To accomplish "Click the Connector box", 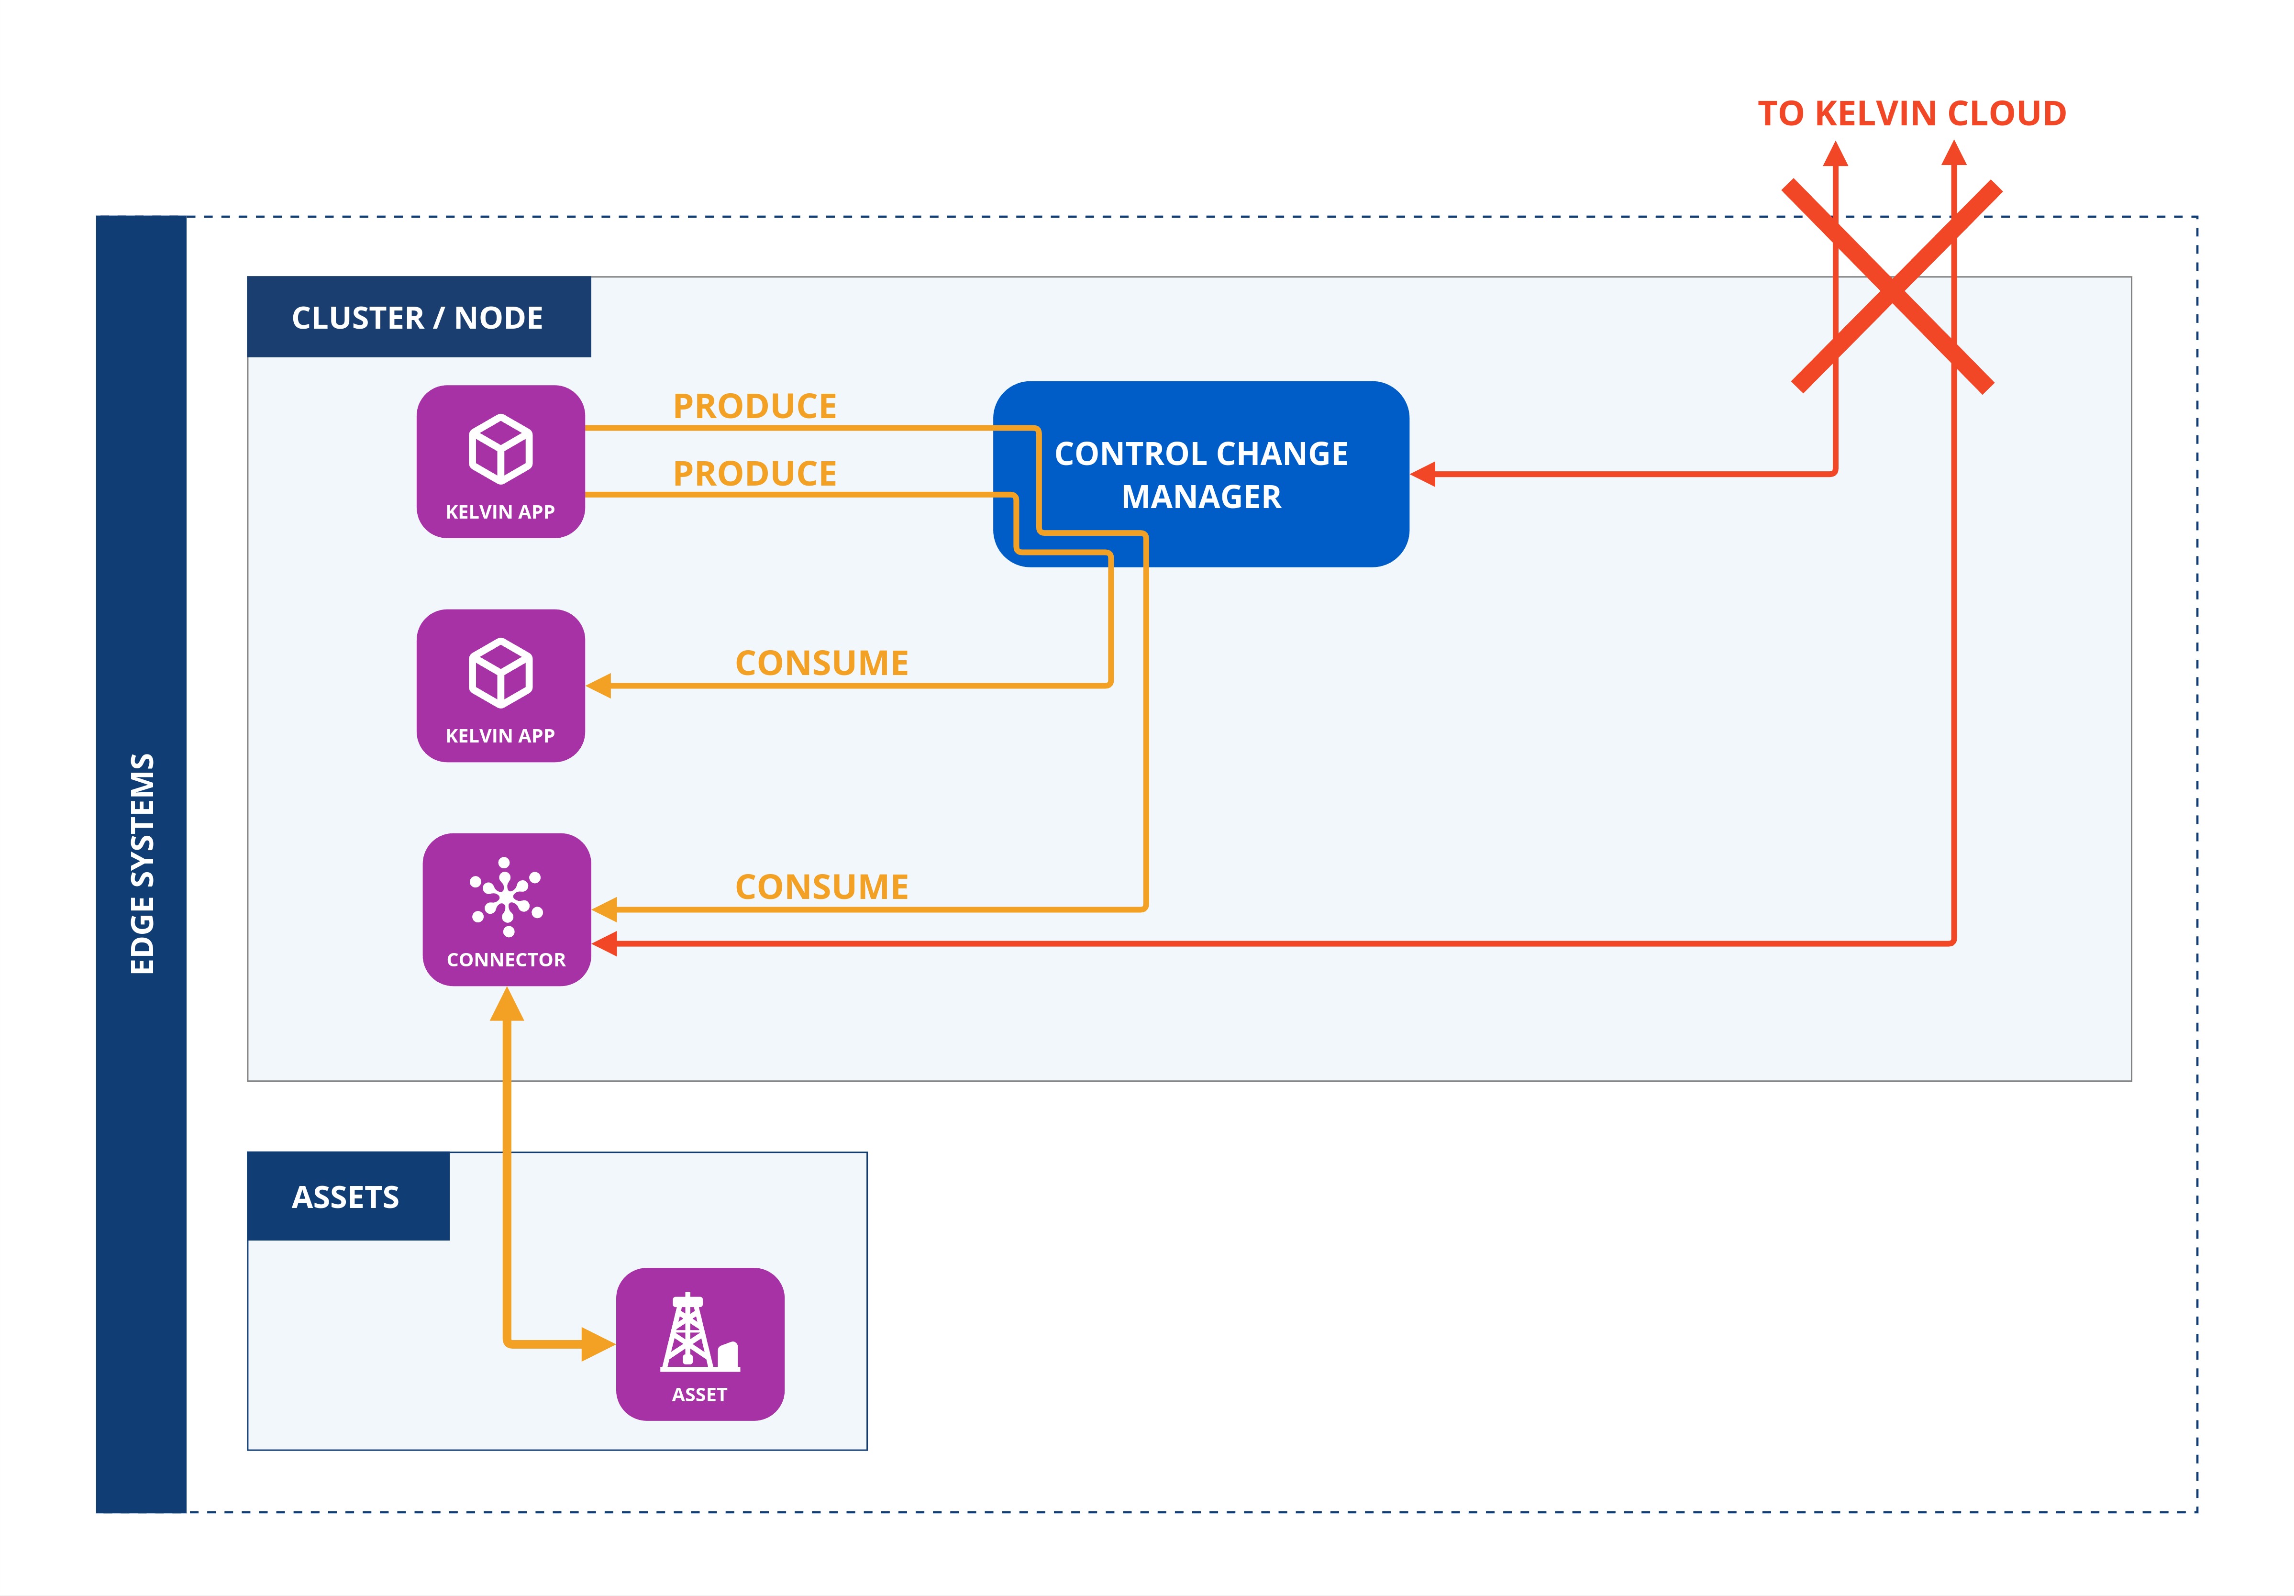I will (507, 909).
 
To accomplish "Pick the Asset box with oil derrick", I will (699, 1344).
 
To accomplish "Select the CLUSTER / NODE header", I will (418, 318).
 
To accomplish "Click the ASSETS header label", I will (346, 1197).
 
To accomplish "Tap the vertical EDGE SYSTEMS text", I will (142, 864).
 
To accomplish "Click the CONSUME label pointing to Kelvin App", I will (821, 663).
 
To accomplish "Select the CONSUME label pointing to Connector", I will (821, 887).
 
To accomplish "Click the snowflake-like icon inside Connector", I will (507, 897).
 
